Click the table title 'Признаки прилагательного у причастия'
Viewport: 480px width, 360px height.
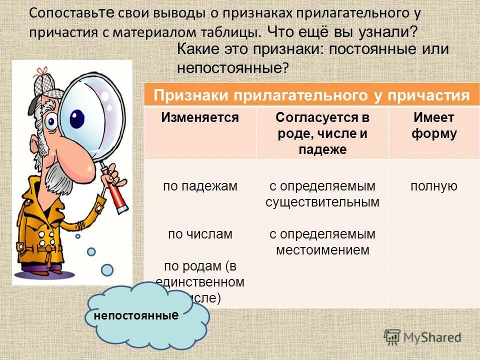311,95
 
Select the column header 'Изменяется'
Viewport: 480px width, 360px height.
200,118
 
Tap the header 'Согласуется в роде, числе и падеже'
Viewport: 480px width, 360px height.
322,133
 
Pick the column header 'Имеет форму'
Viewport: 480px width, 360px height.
433,125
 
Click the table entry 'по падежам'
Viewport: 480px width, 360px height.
200,186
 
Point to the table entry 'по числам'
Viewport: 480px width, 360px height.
200,233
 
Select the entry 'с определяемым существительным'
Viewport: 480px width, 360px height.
322,194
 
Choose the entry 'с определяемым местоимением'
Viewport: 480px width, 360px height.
322,241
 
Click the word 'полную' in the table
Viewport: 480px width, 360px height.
433,186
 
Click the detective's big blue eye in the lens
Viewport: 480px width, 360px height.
77,118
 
